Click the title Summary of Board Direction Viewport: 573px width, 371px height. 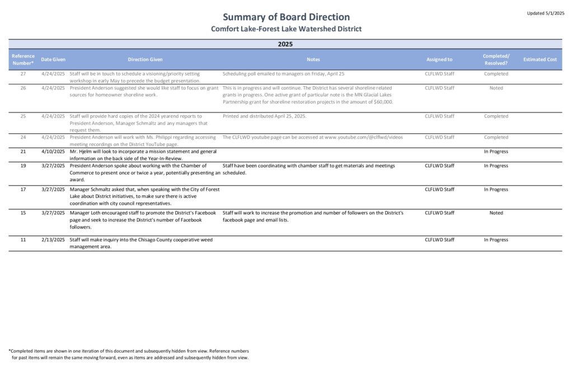pos(286,17)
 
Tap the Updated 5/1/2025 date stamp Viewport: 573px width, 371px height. pos(545,13)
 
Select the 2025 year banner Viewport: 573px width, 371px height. pos(285,44)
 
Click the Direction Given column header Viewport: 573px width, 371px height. pos(145,59)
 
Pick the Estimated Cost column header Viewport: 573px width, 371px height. pos(540,59)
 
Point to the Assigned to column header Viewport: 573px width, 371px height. pos(439,59)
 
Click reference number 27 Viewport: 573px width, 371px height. pos(23,74)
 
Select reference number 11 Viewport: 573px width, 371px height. pos(23,239)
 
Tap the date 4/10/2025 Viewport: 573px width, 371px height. pos(53,152)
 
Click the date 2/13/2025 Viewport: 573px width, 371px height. pos(53,239)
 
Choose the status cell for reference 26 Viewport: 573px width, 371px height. pos(496,88)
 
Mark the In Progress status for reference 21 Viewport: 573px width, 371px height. pos(496,152)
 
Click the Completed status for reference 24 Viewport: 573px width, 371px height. pos(496,137)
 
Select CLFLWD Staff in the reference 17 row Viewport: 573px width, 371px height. pos(439,189)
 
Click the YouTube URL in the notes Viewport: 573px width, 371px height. pos(363,137)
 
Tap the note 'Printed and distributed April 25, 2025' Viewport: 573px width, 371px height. pos(265,116)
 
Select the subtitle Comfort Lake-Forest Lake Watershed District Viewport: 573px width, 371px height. pos(286,29)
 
